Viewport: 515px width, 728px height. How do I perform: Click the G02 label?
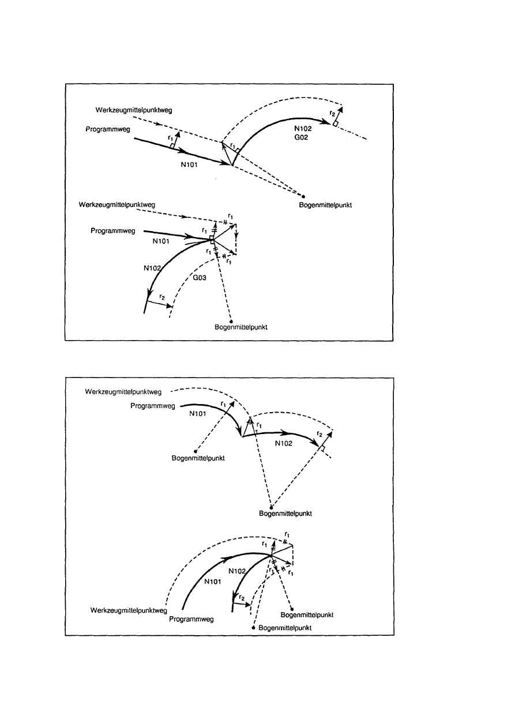click(x=301, y=138)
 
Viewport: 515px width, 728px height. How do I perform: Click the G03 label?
click(x=200, y=278)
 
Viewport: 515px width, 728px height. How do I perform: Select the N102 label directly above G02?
click(x=303, y=129)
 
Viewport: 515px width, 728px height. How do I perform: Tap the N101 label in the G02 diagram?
click(x=189, y=164)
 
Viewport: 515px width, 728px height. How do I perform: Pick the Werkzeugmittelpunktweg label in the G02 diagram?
click(x=134, y=110)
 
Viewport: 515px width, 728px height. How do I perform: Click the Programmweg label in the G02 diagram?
click(x=108, y=129)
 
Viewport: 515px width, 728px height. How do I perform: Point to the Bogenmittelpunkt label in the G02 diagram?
click(x=325, y=205)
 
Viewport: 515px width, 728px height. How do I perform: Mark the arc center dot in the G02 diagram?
click(x=303, y=197)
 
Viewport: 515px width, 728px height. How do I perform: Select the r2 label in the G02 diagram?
click(x=332, y=113)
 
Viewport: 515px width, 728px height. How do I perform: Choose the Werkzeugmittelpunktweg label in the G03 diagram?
click(x=116, y=205)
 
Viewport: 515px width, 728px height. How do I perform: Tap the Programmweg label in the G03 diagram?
click(x=113, y=231)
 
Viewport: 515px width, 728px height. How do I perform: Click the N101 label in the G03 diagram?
click(x=160, y=241)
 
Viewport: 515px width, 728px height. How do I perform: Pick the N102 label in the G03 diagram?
click(x=152, y=268)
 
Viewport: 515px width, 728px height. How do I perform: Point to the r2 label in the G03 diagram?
click(x=162, y=297)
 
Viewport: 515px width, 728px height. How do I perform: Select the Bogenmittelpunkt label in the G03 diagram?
click(x=241, y=327)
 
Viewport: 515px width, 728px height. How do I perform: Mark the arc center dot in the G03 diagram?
click(x=231, y=322)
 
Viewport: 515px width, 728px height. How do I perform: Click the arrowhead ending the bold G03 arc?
click(x=149, y=294)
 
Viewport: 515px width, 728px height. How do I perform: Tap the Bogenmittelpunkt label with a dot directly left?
click(x=285, y=628)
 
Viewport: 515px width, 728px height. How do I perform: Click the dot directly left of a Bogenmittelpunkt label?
click(x=253, y=628)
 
